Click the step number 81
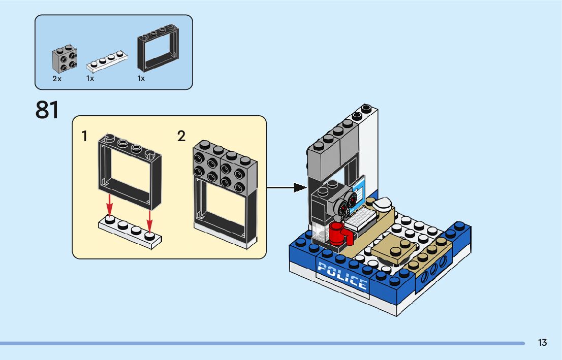(47, 110)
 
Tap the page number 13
(542, 343)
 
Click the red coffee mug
(338, 234)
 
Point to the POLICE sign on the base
(342, 276)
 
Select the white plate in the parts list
(107, 61)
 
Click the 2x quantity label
(56, 79)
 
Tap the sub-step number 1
(84, 136)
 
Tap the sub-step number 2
(181, 136)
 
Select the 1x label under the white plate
(90, 79)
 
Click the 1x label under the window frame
(141, 79)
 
